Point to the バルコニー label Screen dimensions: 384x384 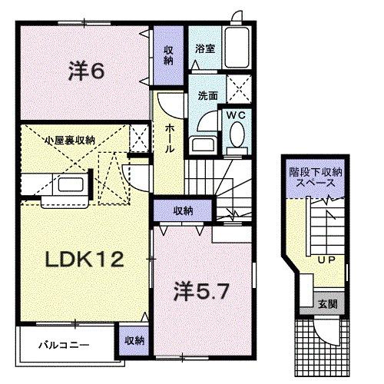(65, 345)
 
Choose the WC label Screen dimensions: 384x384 (235, 114)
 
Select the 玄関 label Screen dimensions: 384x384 (326, 303)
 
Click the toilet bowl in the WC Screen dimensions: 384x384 (235, 138)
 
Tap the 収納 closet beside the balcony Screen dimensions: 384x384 (131, 340)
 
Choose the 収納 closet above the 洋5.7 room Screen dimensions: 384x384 (182, 210)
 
